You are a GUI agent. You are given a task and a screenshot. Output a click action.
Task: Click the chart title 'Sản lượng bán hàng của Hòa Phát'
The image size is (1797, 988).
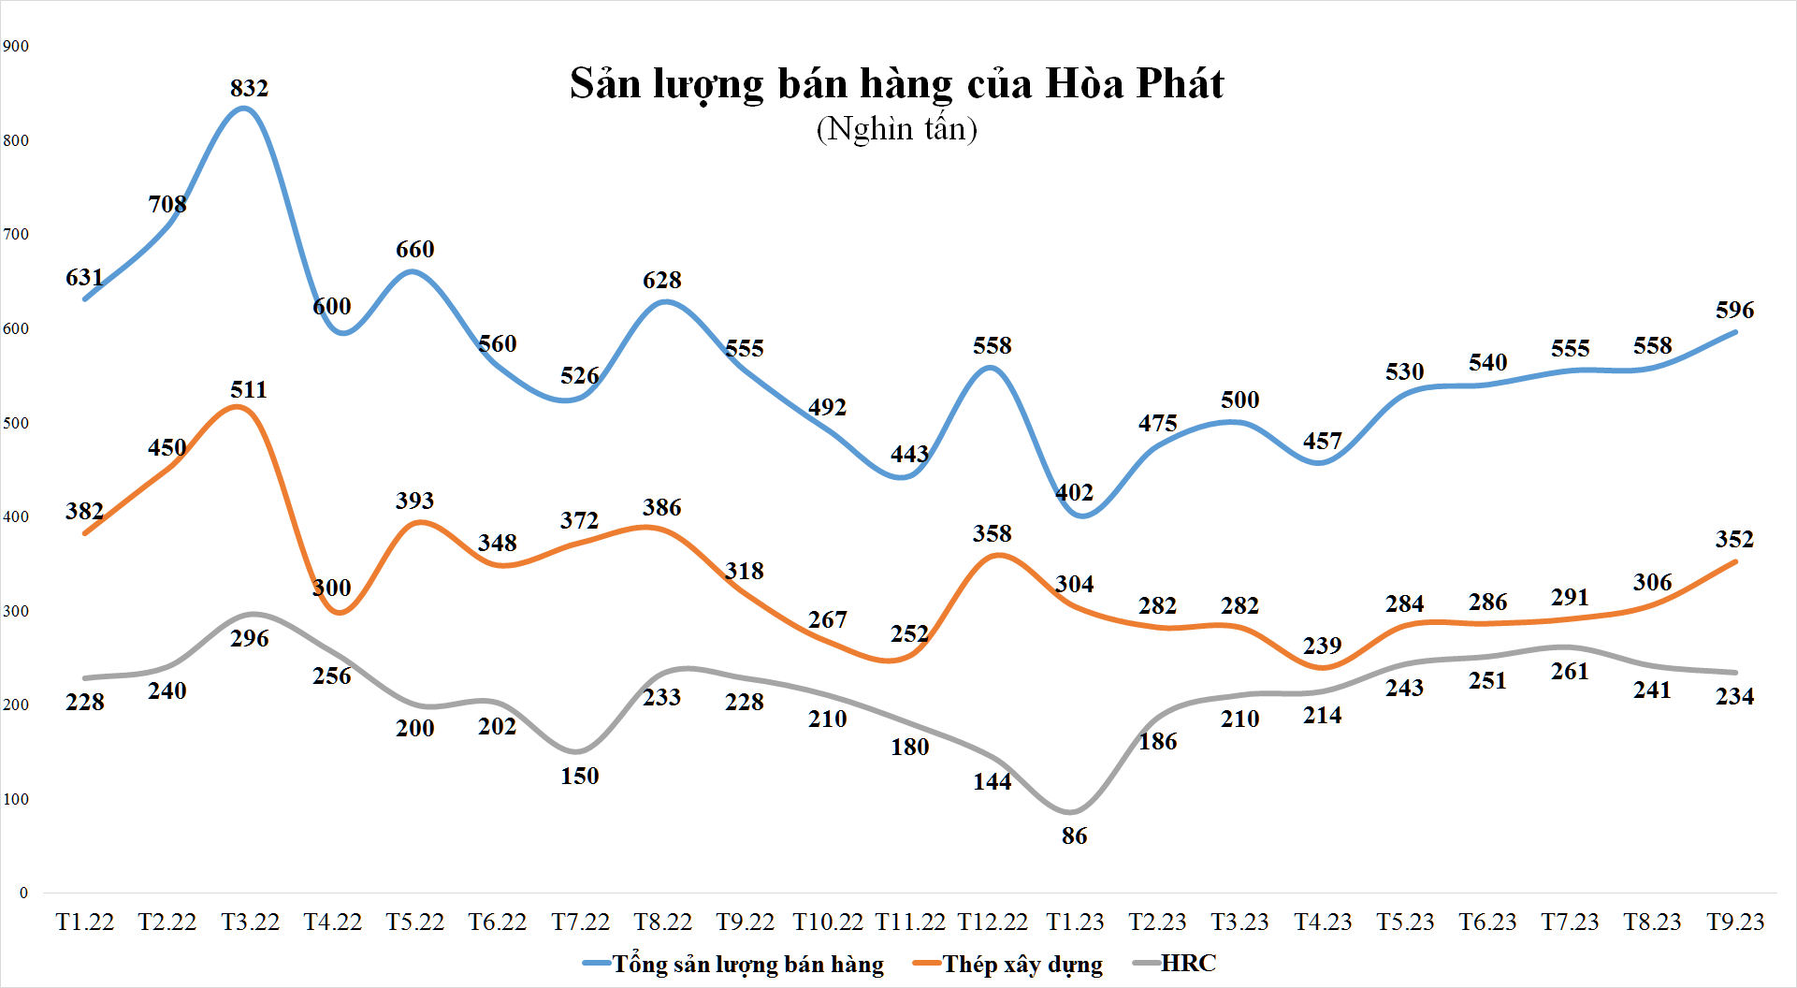point(896,84)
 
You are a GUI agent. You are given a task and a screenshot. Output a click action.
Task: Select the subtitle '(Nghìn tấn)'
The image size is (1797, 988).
point(896,129)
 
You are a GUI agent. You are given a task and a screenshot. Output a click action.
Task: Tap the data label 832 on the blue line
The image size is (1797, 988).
point(249,88)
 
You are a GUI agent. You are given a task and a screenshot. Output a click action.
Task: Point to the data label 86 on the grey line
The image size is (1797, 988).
point(1074,836)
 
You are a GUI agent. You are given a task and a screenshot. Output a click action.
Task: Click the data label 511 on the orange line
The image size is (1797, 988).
point(249,389)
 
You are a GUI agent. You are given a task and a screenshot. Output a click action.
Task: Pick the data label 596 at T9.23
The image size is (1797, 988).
point(1734,310)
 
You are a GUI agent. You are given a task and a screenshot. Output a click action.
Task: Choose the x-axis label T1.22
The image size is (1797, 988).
point(85,923)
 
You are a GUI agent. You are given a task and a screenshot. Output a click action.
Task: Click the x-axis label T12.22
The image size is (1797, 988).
point(993,923)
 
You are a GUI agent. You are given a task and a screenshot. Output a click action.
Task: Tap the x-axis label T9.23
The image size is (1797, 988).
point(1735,923)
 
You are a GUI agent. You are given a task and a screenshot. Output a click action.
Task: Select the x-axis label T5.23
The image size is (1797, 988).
point(1405,923)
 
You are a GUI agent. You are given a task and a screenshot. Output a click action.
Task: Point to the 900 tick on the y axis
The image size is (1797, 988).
point(16,46)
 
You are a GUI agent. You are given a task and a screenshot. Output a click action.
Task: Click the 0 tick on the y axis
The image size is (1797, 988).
point(23,893)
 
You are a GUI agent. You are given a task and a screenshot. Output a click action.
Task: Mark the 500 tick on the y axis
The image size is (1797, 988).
point(16,423)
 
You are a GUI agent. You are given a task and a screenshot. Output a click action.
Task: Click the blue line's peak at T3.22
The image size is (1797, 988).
point(243,109)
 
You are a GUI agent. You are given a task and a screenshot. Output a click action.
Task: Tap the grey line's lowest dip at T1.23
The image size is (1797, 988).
point(1072,811)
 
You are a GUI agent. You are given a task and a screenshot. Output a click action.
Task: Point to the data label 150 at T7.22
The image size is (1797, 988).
point(579,776)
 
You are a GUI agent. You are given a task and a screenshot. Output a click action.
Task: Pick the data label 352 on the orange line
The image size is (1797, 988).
point(1734,539)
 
